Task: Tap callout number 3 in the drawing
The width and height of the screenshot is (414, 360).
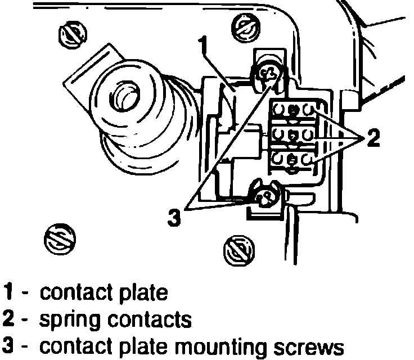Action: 175,217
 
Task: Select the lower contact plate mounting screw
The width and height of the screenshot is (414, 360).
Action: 264,195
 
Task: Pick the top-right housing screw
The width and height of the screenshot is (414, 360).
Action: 245,24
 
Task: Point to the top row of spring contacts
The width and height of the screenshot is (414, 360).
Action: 292,110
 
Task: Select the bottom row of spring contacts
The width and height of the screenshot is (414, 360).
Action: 292,160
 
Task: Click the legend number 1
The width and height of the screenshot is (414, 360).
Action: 9,292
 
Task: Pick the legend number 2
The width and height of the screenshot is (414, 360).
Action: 10,319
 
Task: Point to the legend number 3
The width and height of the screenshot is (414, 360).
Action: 10,346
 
